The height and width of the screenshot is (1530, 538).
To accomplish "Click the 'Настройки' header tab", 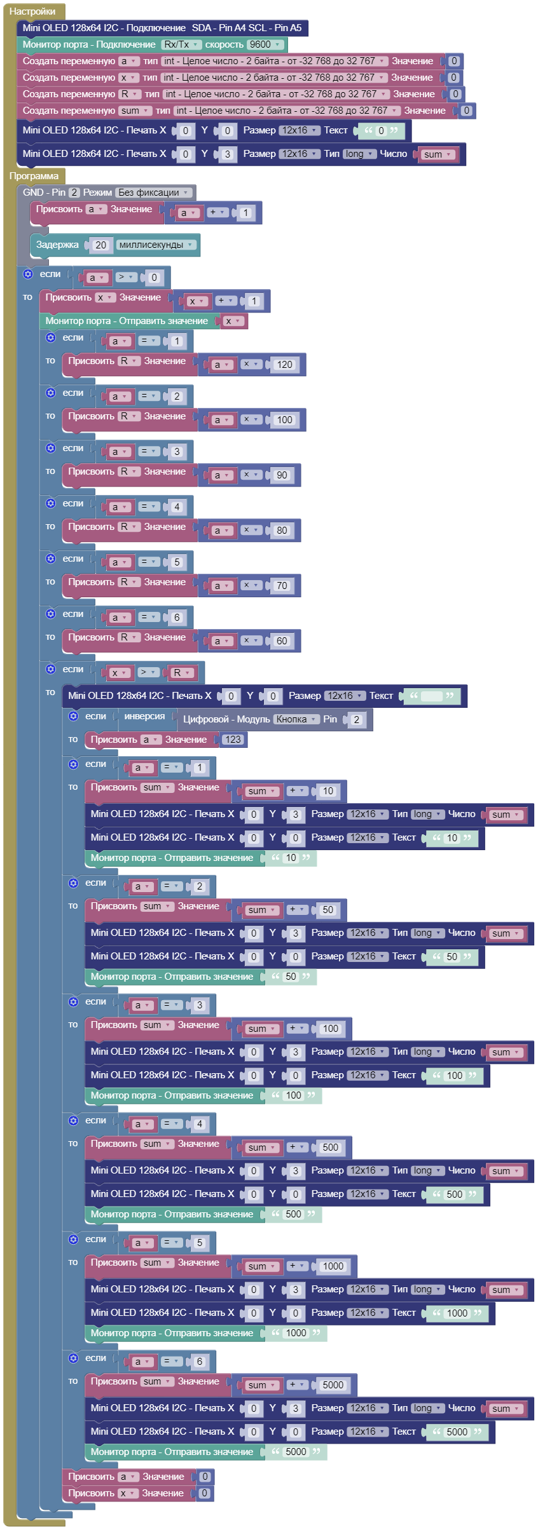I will (x=32, y=11).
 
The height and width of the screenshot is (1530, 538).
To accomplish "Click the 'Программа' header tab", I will (x=34, y=176).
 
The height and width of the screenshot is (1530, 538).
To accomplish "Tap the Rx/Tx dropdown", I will (x=181, y=44).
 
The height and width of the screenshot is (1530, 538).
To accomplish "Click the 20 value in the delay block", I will (x=100, y=245).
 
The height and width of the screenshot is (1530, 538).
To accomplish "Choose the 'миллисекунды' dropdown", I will (x=155, y=245).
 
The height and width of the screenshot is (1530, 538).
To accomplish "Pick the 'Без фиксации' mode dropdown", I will (x=153, y=193).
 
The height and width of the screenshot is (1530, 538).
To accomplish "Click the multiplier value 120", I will (x=284, y=365).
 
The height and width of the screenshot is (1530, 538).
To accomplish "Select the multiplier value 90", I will (x=282, y=475).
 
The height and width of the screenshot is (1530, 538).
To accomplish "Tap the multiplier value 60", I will (x=282, y=641).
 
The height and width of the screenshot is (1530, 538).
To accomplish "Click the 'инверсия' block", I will (x=144, y=716).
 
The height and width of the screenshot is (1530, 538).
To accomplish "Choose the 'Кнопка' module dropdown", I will (x=296, y=719).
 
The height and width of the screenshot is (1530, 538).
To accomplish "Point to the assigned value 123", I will (x=233, y=740).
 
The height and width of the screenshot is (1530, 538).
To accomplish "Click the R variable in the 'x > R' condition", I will (x=180, y=673).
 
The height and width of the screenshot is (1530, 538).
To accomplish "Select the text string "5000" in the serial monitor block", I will (x=296, y=1452).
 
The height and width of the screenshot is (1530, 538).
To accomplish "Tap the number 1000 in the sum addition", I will (x=333, y=1266).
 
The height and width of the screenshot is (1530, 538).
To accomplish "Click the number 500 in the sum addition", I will (x=330, y=1147).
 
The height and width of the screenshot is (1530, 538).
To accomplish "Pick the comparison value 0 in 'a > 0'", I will (x=153, y=278).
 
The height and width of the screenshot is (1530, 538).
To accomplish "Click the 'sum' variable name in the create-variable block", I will (x=134, y=111).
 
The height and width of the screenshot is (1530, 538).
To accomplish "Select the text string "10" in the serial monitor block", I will (x=291, y=858).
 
